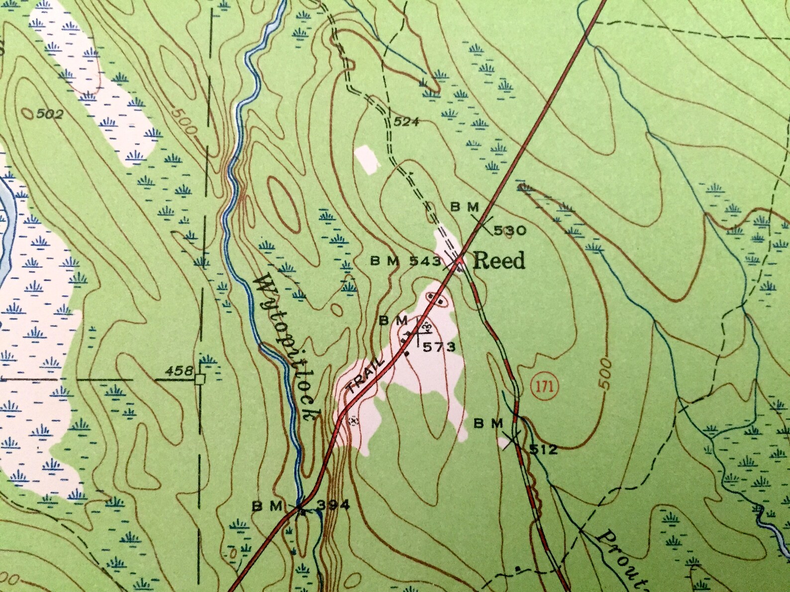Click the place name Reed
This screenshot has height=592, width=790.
(x=498, y=260)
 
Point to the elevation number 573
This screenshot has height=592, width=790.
(x=439, y=347)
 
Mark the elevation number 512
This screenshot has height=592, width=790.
(x=543, y=450)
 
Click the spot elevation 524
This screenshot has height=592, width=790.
(x=406, y=122)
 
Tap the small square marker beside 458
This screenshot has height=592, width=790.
(x=200, y=380)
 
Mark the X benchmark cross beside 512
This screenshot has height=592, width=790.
(x=512, y=439)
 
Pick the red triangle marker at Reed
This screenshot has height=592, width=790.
(x=460, y=259)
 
